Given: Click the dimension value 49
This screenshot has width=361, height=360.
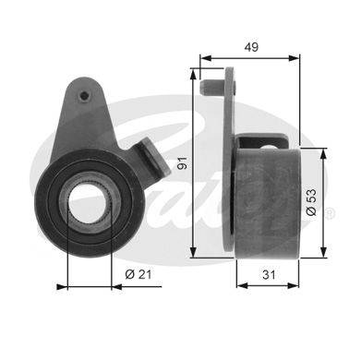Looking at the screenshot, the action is pyautogui.click(x=251, y=47).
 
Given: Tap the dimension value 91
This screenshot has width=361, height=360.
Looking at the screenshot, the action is pyautogui.click(x=183, y=162).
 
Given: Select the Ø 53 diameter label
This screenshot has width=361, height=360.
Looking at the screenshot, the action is pyautogui.click(x=312, y=202).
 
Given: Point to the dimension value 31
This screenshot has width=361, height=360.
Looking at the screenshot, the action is pyautogui.click(x=269, y=274).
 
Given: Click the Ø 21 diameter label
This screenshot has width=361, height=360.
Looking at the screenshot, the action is pyautogui.click(x=138, y=274).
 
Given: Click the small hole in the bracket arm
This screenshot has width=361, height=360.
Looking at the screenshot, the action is pyautogui.click(x=84, y=96).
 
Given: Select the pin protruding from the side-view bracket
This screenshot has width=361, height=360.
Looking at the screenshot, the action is pyautogui.click(x=212, y=88).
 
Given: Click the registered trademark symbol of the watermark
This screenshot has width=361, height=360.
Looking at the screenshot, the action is pyautogui.click(x=329, y=213).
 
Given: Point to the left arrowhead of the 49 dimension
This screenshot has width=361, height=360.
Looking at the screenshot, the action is pyautogui.click(x=206, y=58).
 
